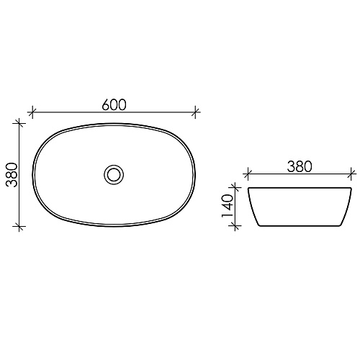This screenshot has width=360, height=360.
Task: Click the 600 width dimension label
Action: pyautogui.click(x=114, y=105)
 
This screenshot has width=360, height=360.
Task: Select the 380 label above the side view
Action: pyautogui.click(x=300, y=166)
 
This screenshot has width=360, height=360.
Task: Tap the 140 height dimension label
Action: pyautogui.click(x=228, y=206)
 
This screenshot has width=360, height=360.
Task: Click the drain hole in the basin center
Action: pyautogui.click(x=114, y=174)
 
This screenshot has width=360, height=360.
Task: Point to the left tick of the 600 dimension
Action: pyautogui.click(x=32, y=112)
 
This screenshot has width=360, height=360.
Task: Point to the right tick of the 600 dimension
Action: pyautogui.click(x=195, y=112)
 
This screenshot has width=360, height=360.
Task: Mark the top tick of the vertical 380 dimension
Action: pyautogui.click(x=19, y=124)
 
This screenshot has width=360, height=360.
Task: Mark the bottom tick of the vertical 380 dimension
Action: pyautogui.click(x=19, y=226)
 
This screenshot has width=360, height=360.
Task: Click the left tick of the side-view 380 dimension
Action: pyautogui.click(x=248, y=174)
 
